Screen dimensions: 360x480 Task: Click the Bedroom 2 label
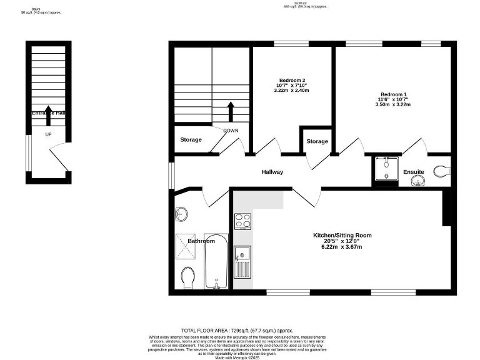pos(292,80)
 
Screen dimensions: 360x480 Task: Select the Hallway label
pos(272,172)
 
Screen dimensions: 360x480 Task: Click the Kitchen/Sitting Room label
pos(342,236)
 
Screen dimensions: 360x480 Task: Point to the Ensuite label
pos(413,172)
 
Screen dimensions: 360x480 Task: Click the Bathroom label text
pos(201,241)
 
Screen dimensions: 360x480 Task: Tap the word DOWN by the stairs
pos(231,131)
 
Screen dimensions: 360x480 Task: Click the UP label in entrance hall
pos(48,134)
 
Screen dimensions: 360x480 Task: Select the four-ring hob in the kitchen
pos(242,221)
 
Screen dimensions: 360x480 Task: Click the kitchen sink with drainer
pos(242,262)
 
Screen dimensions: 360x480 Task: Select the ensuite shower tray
pos(386,168)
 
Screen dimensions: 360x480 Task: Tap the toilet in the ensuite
pos(442,170)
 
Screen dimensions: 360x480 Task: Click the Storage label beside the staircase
pos(191,139)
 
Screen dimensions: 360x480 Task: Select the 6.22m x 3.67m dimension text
pos(342,247)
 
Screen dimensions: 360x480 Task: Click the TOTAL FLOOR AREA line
pos(237,330)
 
